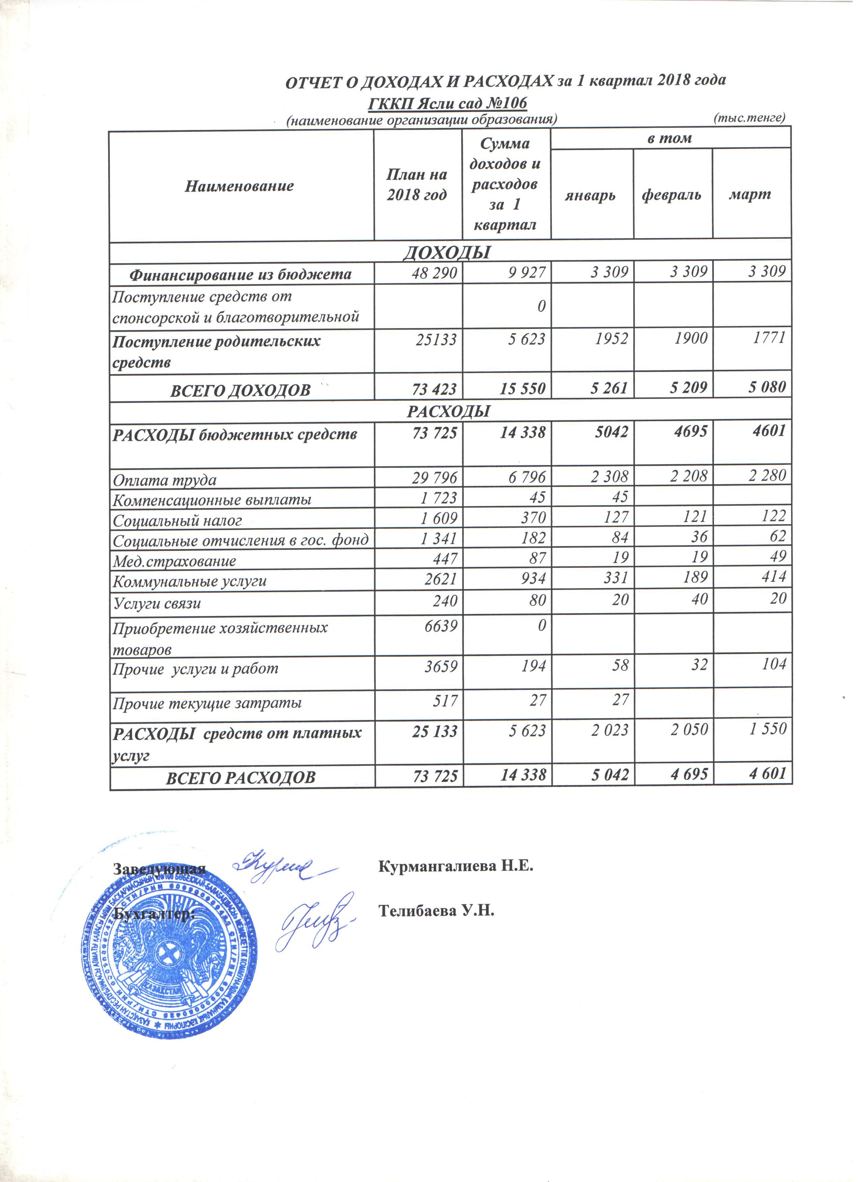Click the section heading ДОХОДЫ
[448, 252]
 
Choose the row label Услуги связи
[157, 603]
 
